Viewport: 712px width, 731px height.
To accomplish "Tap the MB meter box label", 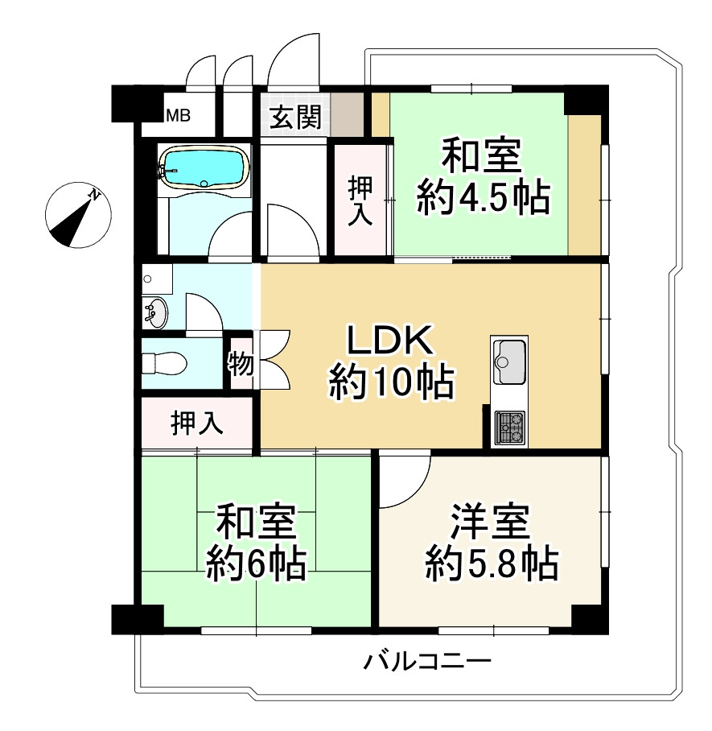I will coord(178,116).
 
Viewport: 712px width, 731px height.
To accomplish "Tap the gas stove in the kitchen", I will coord(509,427).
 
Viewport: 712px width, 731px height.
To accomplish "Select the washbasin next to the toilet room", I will coord(155,312).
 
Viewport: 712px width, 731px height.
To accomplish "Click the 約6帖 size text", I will coord(256,563).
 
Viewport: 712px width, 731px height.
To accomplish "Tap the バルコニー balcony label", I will coord(427,663).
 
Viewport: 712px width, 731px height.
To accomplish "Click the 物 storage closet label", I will coord(242,365).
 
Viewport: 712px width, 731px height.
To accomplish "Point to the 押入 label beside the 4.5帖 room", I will coord(360,200).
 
